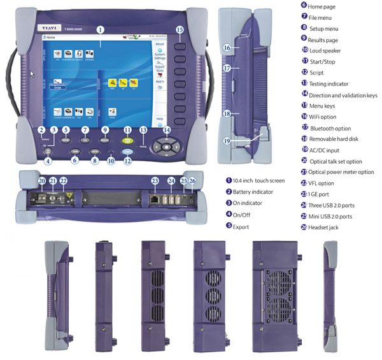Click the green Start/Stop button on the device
[128, 142]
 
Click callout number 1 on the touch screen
[100, 29]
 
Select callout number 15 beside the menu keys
[180, 29]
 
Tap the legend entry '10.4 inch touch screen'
[258, 182]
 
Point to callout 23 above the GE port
[155, 181]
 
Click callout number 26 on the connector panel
[193, 182]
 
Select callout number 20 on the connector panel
[42, 182]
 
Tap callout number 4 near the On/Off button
[46, 161]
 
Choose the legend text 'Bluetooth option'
[334, 128]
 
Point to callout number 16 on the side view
[227, 48]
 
